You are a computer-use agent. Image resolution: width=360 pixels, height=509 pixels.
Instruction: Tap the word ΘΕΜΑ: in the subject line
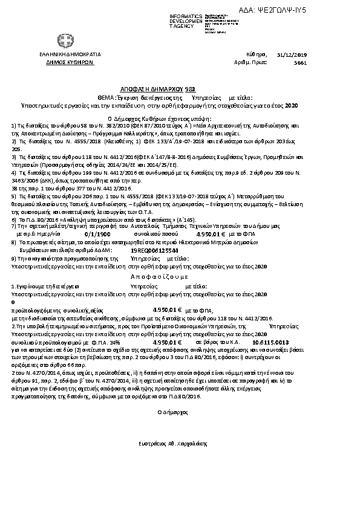(108, 97)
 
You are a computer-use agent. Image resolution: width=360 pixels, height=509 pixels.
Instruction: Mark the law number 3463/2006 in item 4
(24, 181)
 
